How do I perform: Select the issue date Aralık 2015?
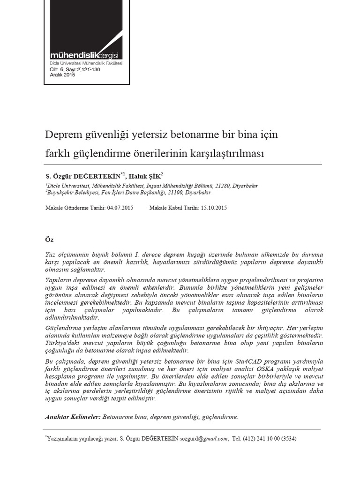[x=62, y=75]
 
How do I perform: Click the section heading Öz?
[x=49, y=240]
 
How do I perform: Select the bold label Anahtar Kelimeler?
[x=72, y=416]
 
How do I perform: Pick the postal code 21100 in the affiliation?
[x=176, y=192]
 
